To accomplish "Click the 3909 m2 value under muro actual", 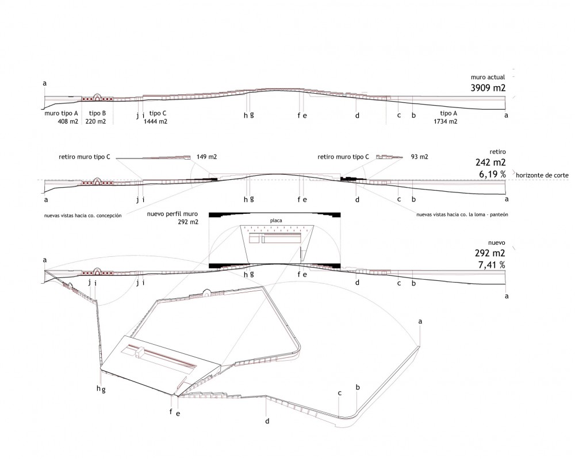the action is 488,88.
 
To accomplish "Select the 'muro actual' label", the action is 488,78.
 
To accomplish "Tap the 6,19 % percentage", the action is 492,175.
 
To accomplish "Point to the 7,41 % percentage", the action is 492,264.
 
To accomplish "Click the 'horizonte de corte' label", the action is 542,175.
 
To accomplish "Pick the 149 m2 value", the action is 206,157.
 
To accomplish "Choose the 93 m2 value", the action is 419,157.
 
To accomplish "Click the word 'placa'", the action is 276,221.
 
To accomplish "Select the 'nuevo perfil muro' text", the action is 172,214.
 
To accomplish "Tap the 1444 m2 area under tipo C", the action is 155,121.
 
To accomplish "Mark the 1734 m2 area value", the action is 445,121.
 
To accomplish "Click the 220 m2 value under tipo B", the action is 95,121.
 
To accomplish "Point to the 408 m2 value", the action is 68,121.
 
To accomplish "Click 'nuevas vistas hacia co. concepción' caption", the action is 83,216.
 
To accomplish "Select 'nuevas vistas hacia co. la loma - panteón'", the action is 462,215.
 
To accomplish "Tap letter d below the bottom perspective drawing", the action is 267,421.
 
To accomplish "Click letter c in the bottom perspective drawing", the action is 340,393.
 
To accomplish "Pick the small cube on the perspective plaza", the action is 139,353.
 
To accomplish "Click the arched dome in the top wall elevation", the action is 97,97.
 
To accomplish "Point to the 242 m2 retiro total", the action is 490,162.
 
